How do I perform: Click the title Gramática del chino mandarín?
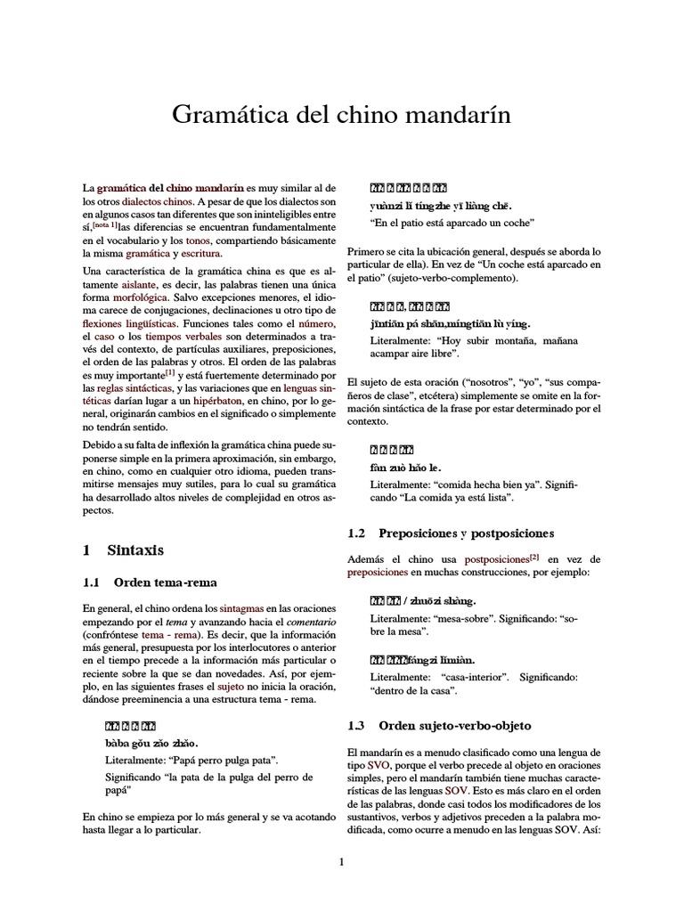[x=341, y=116]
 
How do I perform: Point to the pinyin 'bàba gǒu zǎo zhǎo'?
[x=152, y=742]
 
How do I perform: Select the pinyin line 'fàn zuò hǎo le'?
[x=406, y=467]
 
